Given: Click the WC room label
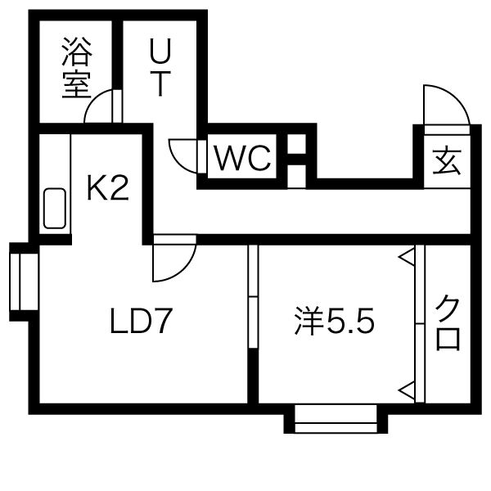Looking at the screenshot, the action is [243, 158].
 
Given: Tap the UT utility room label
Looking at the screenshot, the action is [160, 67].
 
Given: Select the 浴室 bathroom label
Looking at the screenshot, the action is [76, 68].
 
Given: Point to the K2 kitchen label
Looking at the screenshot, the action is [108, 188].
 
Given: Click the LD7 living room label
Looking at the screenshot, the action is [142, 321].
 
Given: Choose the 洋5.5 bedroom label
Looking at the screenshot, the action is [334, 322].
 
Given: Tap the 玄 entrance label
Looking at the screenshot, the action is [447, 161].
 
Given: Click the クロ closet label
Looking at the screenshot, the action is [448, 323].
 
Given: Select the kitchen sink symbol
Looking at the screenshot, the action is [55, 208].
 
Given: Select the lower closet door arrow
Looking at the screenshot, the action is [407, 390].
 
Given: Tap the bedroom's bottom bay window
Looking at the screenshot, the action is [336, 418].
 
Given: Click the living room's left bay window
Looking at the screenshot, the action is [25, 282].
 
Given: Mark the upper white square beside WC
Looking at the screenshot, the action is [296, 144].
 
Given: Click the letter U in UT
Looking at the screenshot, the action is [160, 50].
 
